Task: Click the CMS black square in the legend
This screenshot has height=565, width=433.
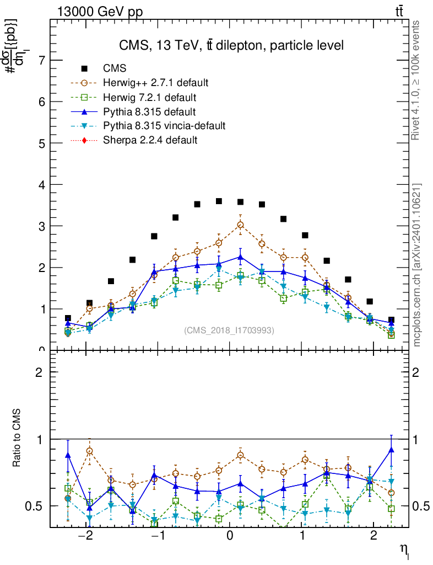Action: pyautogui.click(x=84, y=68)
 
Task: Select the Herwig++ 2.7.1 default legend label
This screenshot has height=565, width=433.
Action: pyautogui.click(x=155, y=83)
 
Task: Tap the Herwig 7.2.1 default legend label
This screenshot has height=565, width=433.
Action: pyautogui.click(x=149, y=97)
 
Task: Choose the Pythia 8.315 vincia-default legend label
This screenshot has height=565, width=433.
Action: pyautogui.click(x=164, y=126)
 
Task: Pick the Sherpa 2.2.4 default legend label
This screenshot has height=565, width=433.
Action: pyautogui.click(x=150, y=140)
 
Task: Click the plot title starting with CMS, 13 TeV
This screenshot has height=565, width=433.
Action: pyautogui.click(x=231, y=45)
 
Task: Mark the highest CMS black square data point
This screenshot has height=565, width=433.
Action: pyautogui.click(x=219, y=201)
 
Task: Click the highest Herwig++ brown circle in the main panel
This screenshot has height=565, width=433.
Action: pyautogui.click(x=240, y=225)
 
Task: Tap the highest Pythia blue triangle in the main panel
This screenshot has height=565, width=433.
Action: pyautogui.click(x=240, y=257)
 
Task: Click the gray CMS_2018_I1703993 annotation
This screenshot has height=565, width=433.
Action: pyautogui.click(x=229, y=330)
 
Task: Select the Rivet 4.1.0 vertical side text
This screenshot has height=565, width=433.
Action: pyautogui.click(x=416, y=80)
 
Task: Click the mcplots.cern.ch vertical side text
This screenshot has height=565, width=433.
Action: pyautogui.click(x=416, y=265)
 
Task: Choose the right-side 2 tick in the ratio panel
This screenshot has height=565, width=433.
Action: pyautogui.click(x=416, y=372)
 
